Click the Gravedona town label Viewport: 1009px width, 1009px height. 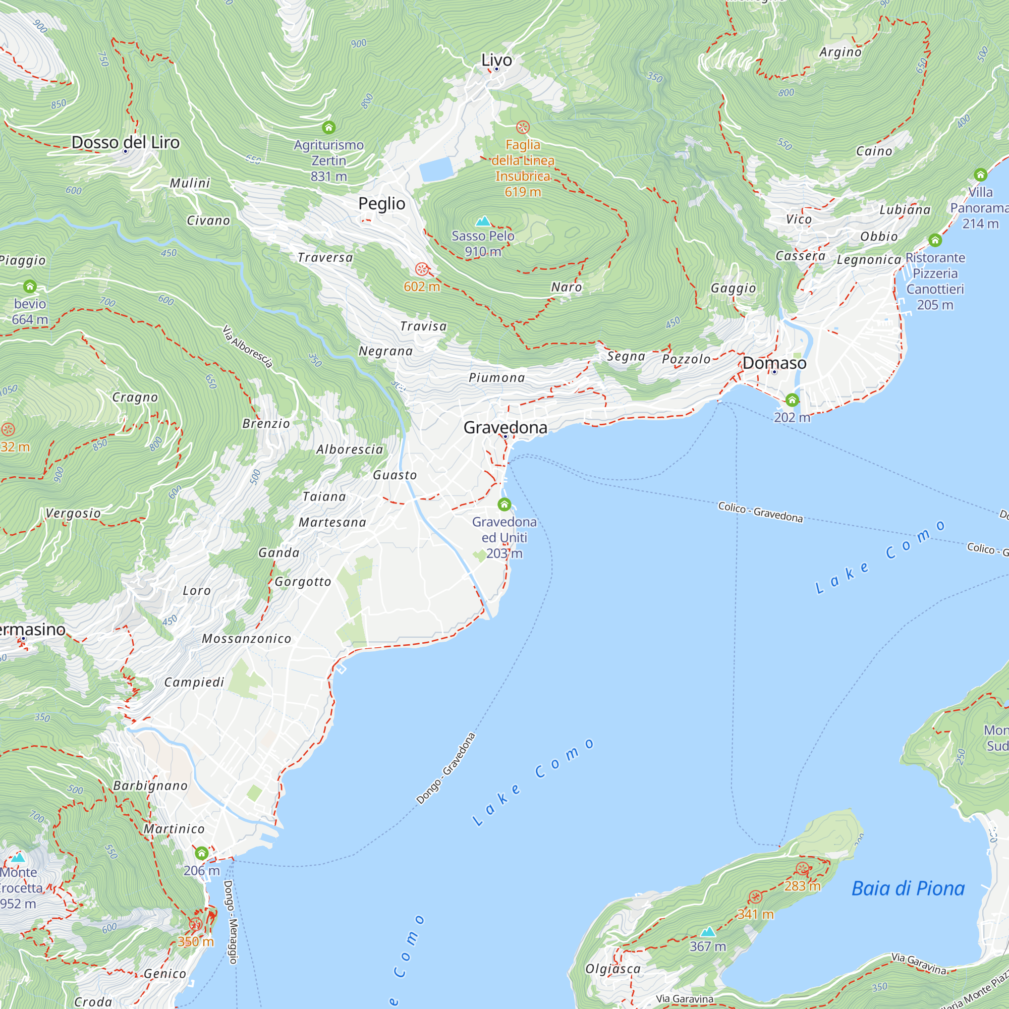tap(505, 428)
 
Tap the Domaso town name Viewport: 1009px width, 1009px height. tap(774, 363)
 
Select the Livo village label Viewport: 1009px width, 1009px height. tap(496, 60)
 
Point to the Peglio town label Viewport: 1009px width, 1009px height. tap(381, 204)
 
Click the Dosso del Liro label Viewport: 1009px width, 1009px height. tap(125, 142)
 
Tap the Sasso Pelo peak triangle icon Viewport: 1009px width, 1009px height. tap(484, 221)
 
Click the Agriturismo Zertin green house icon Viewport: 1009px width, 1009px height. tap(328, 128)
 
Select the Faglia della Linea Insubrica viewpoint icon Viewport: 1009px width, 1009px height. tap(523, 128)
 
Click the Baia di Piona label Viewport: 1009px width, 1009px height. tap(908, 888)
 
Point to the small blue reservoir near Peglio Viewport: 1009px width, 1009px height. tap(436, 169)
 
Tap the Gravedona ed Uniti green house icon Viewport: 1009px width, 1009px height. tap(504, 504)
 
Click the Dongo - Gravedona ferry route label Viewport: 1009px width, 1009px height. tap(445, 768)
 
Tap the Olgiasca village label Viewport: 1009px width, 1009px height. tap(612, 969)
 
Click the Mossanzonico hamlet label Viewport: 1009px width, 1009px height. tap(247, 639)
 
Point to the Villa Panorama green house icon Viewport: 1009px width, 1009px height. tap(980, 175)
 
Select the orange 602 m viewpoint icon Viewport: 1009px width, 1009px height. tap(422, 269)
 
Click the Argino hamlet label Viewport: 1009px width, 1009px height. tap(840, 52)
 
